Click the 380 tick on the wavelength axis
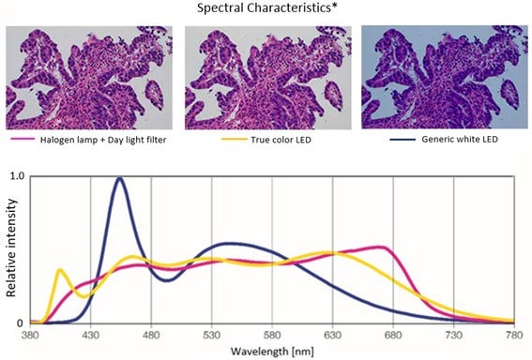click(x=30, y=335)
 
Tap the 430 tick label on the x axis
click(x=90, y=335)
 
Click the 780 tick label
click(x=514, y=335)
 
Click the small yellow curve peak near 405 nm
click(x=61, y=270)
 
